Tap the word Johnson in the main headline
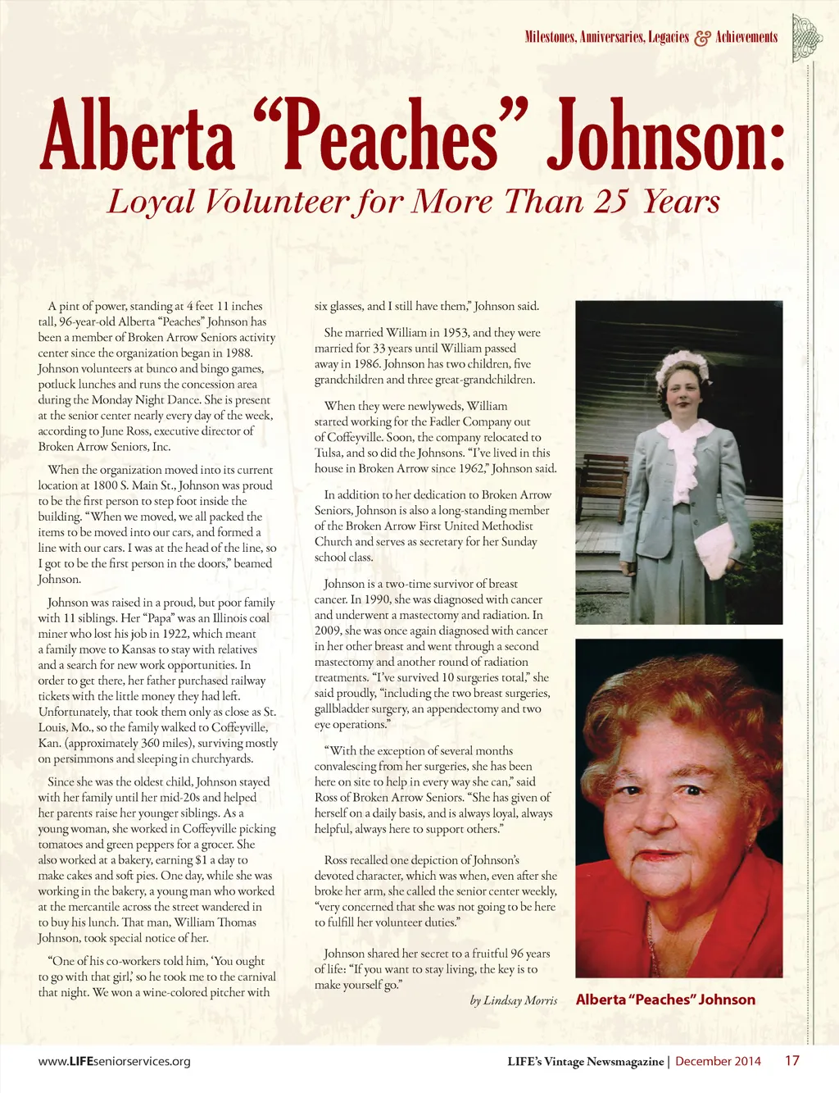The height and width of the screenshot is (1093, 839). coord(664,135)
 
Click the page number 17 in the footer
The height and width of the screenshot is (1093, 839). coord(791,1060)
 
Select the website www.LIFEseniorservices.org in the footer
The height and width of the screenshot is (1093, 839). coord(114,1061)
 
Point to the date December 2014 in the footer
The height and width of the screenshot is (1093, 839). coord(718,1061)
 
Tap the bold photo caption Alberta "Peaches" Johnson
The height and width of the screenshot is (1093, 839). coord(665,1000)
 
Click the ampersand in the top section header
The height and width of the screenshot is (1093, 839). coord(702,38)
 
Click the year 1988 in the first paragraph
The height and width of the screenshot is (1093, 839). coord(238,353)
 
